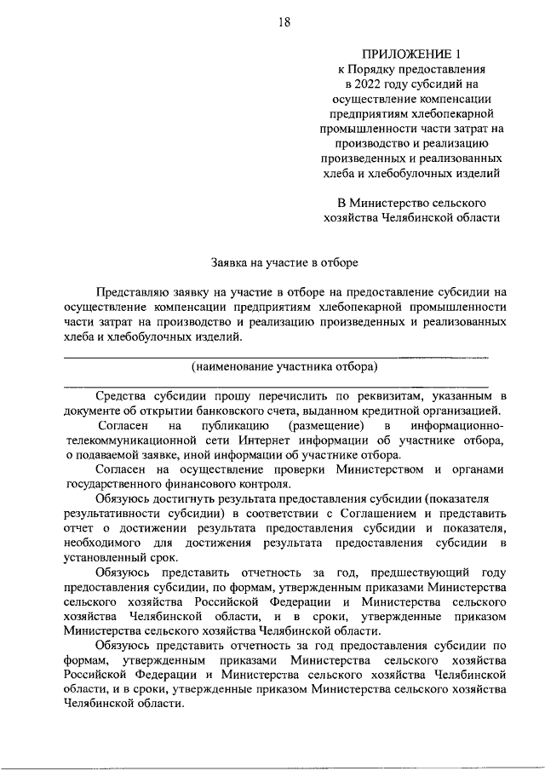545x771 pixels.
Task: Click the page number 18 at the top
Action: pos(284,23)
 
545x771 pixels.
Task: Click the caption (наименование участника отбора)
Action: pos(284,368)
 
